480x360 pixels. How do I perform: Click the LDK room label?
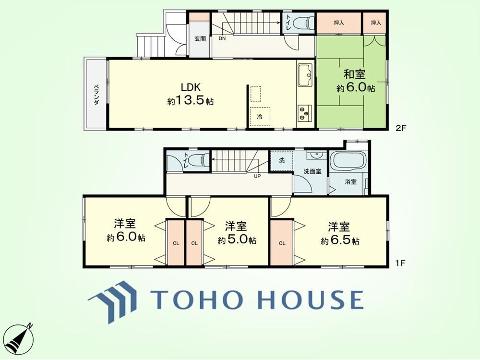point(191,87)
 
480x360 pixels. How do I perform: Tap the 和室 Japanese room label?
point(355,75)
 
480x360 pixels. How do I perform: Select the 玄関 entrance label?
point(200,39)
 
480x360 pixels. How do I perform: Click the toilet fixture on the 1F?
point(199,160)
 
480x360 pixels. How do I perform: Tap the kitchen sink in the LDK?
point(305,75)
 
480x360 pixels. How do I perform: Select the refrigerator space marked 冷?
point(260,117)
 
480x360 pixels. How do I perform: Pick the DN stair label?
point(222,39)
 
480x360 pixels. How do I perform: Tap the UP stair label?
point(257,176)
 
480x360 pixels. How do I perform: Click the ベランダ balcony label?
point(96,95)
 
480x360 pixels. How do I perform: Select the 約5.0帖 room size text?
point(237,240)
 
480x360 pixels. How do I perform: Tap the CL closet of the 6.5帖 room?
point(282,243)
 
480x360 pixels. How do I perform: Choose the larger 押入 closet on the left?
point(339,23)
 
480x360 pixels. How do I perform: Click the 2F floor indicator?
point(400,128)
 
